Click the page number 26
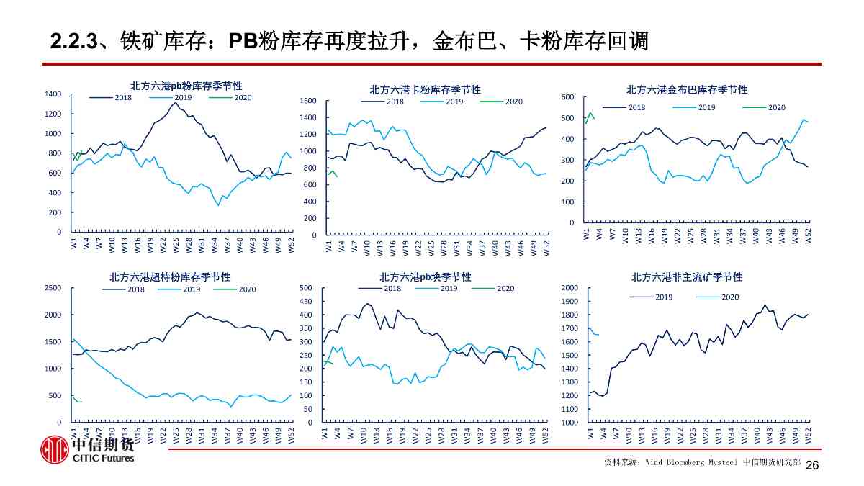812,466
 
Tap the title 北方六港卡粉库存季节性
425,90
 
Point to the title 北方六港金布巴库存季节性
687,90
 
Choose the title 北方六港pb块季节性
425,277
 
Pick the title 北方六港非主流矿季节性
687,277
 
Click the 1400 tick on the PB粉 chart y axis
53,94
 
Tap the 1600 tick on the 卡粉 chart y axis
308,101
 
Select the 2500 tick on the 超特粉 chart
53,288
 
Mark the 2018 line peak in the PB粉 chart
175,102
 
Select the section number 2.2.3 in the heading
73,42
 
